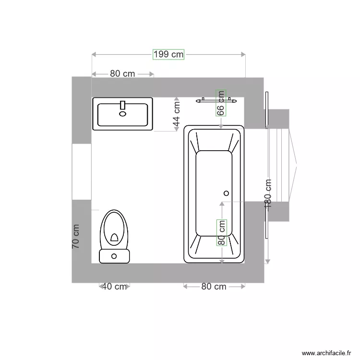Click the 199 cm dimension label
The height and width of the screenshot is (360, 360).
tap(168, 54)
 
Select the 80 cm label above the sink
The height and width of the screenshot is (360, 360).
tap(122, 74)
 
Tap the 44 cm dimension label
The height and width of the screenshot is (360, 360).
tap(176, 113)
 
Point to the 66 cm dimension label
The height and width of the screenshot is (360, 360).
tap(221, 103)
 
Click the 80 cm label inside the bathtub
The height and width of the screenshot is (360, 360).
tap(221, 232)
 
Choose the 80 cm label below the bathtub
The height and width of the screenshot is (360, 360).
tap(214, 287)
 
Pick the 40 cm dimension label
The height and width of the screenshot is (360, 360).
tap(114, 287)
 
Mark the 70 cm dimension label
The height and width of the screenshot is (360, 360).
tap(76, 236)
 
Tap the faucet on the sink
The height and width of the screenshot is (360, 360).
tap(122, 106)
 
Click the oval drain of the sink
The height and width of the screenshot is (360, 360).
tap(122, 114)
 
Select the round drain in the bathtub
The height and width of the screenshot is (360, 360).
tap(226, 193)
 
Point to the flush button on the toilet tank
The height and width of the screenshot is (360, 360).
tap(114, 256)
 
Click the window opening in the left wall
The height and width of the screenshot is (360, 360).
tap(81, 171)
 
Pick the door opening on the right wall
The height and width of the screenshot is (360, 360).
tap(278, 165)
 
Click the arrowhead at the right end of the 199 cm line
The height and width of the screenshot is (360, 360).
tap(243, 54)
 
